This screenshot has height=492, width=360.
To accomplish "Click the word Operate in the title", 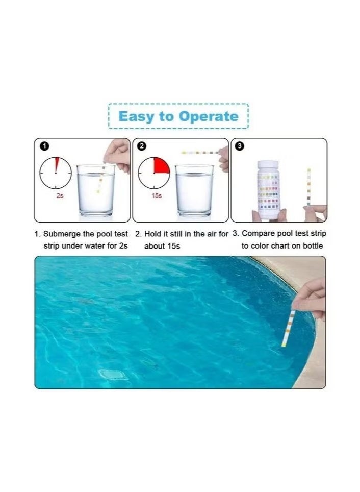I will pos(208,116).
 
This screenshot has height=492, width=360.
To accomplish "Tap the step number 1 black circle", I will pos(44,146).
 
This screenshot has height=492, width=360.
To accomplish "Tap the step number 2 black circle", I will pos(142,146).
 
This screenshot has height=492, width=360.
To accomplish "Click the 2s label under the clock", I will pos(60,196).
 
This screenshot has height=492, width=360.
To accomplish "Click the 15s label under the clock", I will pos(157,196).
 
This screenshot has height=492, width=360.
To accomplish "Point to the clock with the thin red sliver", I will pos(56,173).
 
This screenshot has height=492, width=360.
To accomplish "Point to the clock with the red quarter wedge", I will pos(154,173).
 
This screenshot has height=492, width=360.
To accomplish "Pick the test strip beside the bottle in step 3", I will pos(308,187).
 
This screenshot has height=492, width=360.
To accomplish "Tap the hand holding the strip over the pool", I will pos(311,299).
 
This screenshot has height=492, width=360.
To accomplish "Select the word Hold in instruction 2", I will pos(153,234).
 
